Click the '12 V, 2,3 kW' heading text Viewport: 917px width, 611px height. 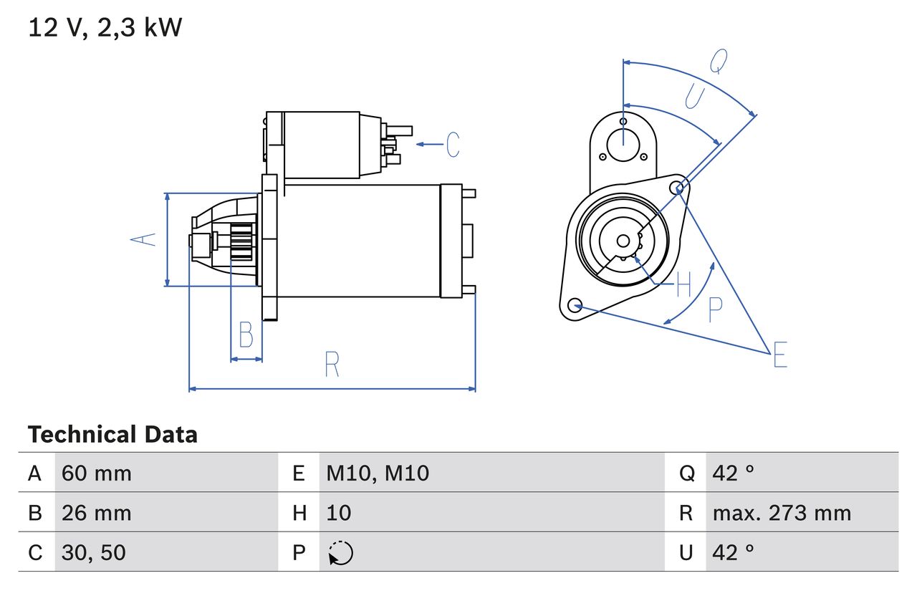coord(105,28)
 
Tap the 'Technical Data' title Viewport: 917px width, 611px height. coord(112,435)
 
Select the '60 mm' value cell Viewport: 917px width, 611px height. coord(97,473)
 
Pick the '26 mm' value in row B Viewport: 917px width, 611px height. coord(97,513)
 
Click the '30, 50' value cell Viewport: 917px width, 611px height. coord(94,552)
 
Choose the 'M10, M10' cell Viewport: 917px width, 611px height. coord(378,473)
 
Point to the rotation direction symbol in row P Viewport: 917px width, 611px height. coord(340,553)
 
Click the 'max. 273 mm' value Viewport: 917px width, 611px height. coord(782,513)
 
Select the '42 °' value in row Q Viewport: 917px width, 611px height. coord(734,473)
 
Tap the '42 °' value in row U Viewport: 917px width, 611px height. coord(734,552)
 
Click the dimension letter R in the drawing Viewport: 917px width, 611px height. coord(332,365)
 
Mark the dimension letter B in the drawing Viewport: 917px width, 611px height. coord(246,335)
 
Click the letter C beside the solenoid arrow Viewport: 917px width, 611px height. coord(453,145)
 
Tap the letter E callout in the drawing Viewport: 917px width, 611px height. coord(780,355)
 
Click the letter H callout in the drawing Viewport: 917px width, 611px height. coord(683,285)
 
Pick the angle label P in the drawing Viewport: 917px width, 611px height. coord(715,309)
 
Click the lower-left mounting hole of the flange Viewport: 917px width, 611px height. coord(574,306)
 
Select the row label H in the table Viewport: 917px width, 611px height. coord(299,513)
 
